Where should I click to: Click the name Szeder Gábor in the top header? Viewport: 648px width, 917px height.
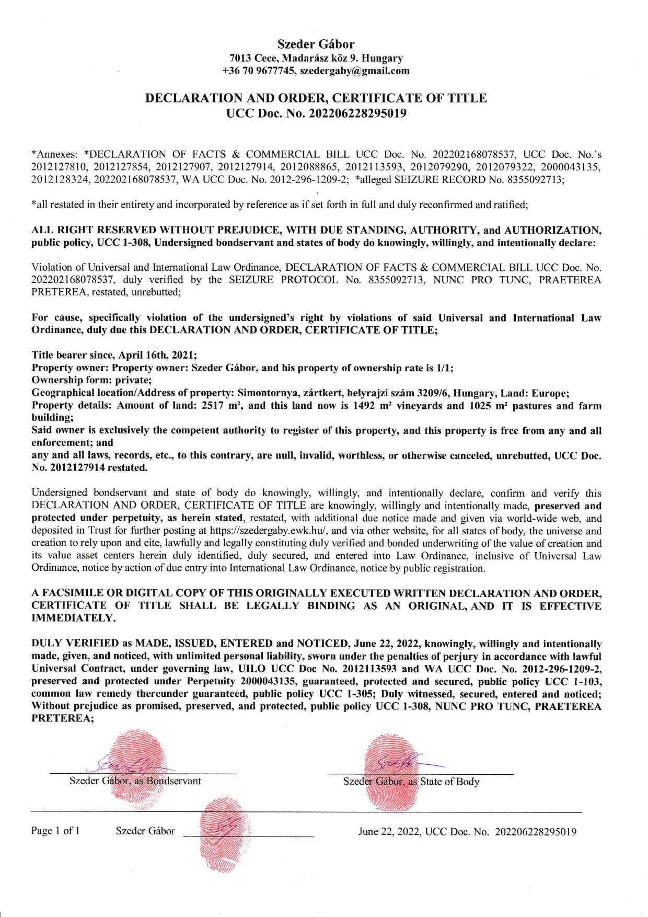click(x=316, y=44)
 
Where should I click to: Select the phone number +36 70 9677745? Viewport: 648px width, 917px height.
click(x=258, y=71)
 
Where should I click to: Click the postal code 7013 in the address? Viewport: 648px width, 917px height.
click(x=241, y=58)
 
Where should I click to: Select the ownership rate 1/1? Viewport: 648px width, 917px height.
click(x=444, y=368)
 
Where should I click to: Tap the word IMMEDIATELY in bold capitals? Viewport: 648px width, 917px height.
click(x=74, y=618)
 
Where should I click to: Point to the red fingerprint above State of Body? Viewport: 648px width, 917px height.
click(x=393, y=772)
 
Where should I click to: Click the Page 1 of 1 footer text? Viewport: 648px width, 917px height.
click(x=55, y=831)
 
